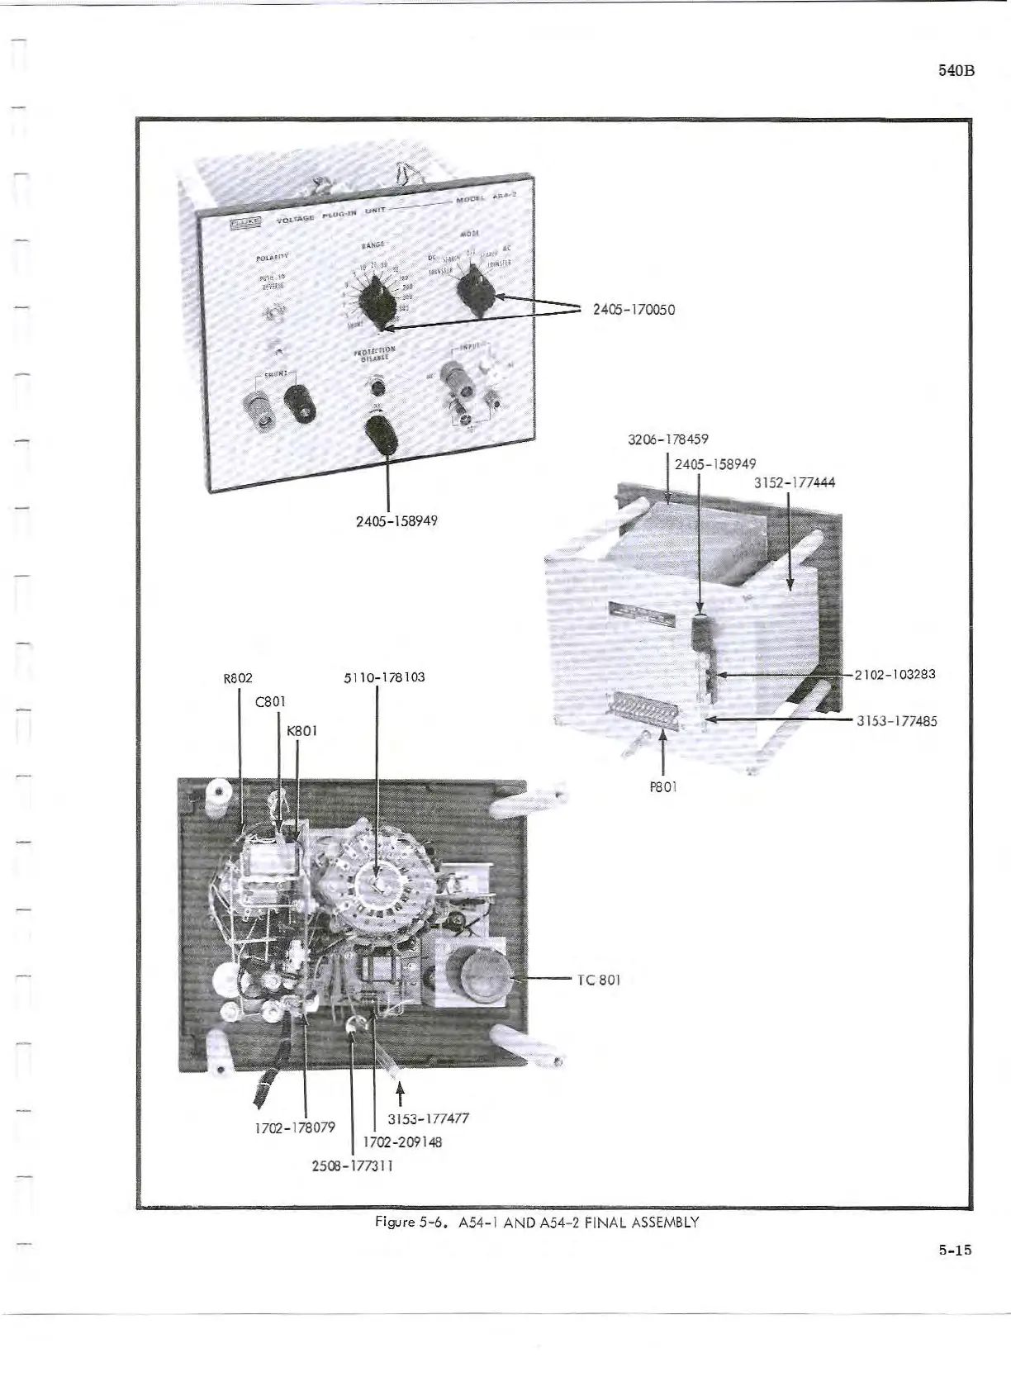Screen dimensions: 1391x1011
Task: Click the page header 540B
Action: click(957, 70)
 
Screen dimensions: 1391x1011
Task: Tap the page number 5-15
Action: click(955, 1250)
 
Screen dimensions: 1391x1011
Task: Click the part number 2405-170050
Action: click(634, 310)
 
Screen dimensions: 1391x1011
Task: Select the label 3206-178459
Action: click(668, 439)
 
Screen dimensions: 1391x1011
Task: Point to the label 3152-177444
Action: click(795, 482)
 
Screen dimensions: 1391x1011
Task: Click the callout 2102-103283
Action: click(895, 674)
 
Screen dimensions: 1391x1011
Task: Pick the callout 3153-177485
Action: click(896, 720)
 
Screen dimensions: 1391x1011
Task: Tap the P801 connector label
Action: click(663, 786)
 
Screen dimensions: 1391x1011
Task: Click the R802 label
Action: click(238, 677)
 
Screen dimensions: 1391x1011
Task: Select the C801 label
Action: click(271, 702)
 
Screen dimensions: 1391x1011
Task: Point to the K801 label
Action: click(301, 730)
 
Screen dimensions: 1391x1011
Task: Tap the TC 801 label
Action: click(599, 980)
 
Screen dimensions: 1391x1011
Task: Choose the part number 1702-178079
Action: click(295, 1127)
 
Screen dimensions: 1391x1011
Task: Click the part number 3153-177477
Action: click(428, 1118)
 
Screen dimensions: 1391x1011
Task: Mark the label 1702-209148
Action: click(402, 1142)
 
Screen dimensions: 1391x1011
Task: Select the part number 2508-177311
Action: click(352, 1165)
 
